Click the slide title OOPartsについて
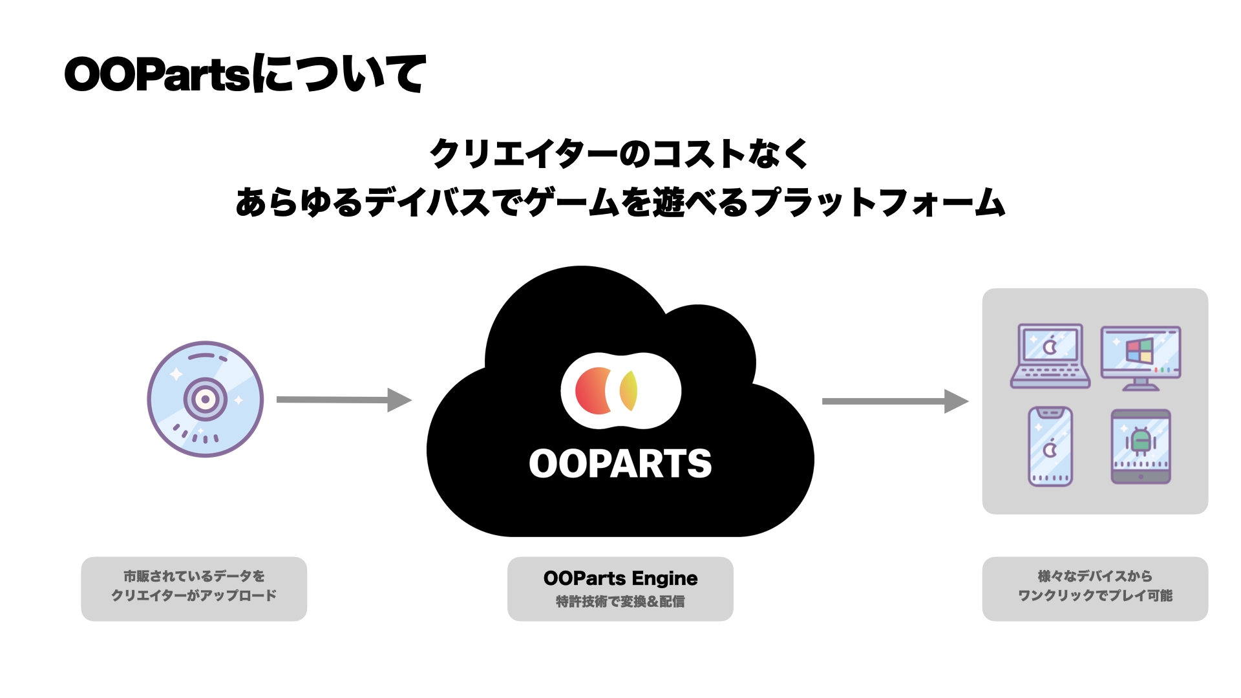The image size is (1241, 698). coord(245,74)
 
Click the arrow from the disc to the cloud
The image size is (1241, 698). coord(343,400)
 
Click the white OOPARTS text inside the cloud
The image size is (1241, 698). coord(620,464)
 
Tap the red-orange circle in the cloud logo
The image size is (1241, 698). coord(592,391)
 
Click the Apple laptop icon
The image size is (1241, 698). coord(1050,355)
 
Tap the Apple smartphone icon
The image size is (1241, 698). coord(1050,447)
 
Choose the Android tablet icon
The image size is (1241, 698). coord(1141,447)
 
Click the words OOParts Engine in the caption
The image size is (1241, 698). coord(620,578)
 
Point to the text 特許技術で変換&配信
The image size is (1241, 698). coord(620,602)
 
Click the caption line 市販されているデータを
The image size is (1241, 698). coord(194,576)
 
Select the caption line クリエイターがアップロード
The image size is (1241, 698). coord(194,595)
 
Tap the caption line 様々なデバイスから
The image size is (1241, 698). coord(1095,576)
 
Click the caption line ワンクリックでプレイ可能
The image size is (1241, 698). coord(1095,595)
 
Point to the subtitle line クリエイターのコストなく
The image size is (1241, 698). coord(619,154)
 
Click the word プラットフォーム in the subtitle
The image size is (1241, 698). coord(879,202)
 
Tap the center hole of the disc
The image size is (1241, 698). coord(206,399)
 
